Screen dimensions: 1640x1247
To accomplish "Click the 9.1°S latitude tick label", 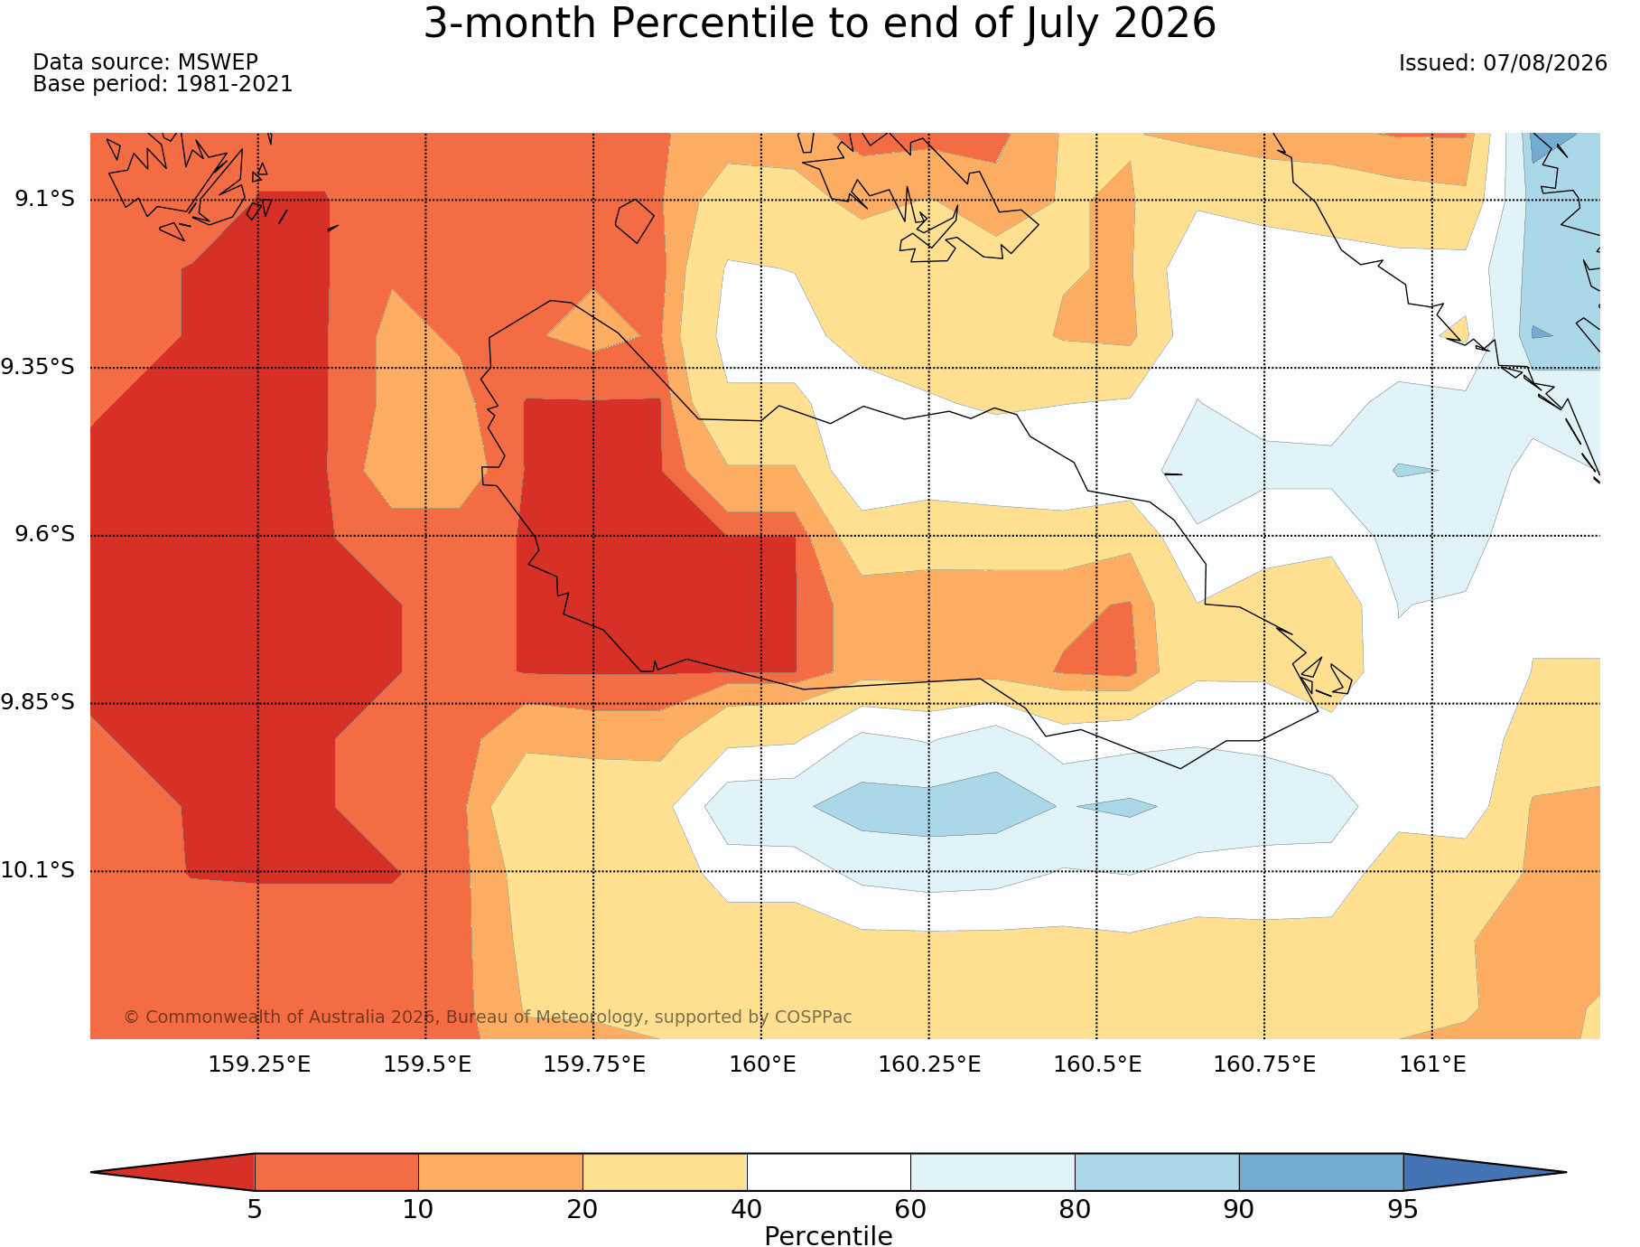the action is point(44,199).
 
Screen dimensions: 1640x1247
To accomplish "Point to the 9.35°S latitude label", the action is point(38,367).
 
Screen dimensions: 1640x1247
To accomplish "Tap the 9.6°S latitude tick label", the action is point(44,535).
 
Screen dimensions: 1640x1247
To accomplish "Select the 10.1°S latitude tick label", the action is point(38,870).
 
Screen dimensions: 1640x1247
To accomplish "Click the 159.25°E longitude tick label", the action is point(259,1064).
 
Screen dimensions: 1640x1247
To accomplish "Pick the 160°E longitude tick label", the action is point(762,1064).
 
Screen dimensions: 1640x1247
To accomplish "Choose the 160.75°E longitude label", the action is point(1264,1064).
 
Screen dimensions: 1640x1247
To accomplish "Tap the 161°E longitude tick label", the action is point(1432,1064).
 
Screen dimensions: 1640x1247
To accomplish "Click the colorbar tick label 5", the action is point(255,1209).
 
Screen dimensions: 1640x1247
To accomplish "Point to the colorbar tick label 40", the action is point(747,1209).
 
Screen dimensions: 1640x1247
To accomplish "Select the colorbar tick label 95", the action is point(1403,1209).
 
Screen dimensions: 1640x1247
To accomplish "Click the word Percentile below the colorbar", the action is point(828,1236).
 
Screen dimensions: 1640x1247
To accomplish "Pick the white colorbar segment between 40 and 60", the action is point(828,1172).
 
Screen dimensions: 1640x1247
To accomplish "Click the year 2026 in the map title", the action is point(1165,23).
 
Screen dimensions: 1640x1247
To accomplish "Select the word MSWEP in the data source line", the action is point(218,62).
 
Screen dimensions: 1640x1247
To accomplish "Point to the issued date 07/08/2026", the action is point(1545,63).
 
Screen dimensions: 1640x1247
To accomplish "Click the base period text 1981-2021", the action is point(234,84).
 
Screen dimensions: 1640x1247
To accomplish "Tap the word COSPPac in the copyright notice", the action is point(813,1017).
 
